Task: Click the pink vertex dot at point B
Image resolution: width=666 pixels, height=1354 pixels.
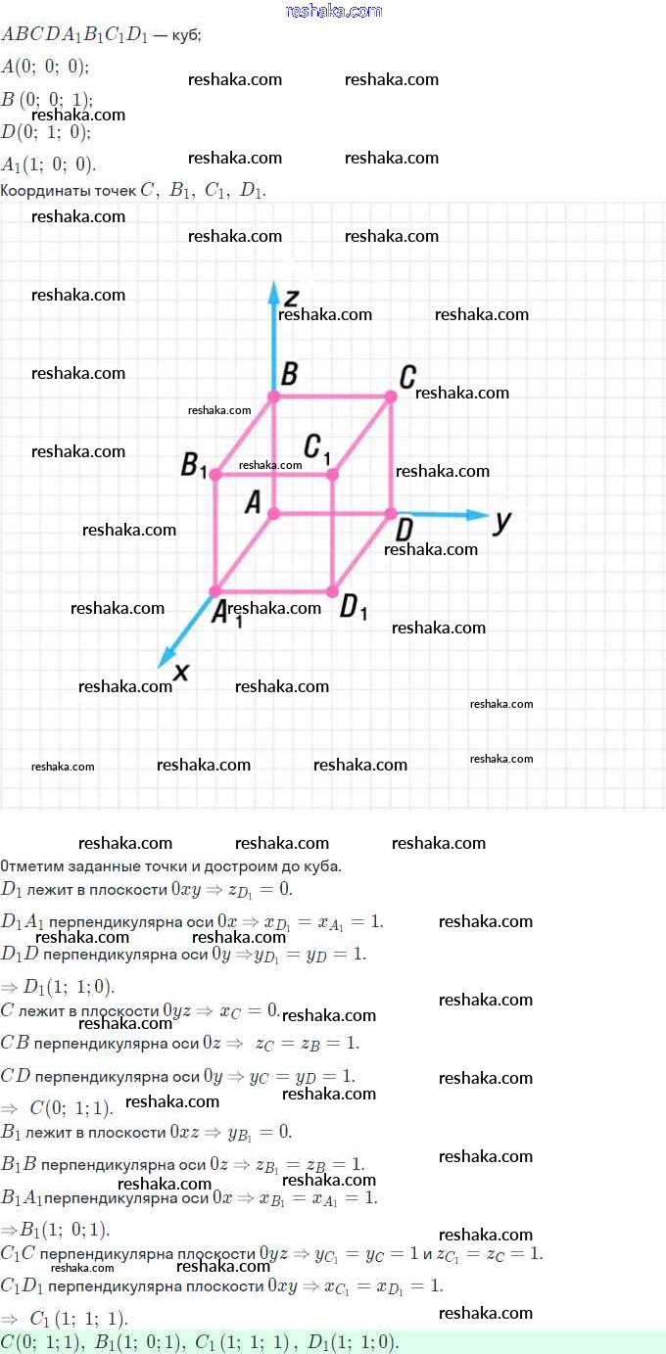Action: (x=274, y=397)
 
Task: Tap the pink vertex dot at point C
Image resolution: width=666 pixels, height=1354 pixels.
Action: (x=391, y=397)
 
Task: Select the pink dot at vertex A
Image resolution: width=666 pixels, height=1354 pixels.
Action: (x=274, y=513)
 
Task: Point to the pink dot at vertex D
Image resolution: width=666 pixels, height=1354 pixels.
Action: (x=391, y=513)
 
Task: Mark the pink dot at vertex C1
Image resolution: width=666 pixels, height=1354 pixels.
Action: (x=333, y=475)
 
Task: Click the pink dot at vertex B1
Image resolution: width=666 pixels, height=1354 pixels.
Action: (x=215, y=475)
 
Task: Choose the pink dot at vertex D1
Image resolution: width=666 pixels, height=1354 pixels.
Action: (x=333, y=591)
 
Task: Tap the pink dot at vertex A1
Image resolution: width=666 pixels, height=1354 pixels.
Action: (x=215, y=591)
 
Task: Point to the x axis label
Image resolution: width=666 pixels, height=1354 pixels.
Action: (x=180, y=672)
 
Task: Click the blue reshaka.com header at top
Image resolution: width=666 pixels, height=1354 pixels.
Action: (x=333, y=11)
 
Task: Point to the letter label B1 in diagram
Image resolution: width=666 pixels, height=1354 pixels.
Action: (x=194, y=466)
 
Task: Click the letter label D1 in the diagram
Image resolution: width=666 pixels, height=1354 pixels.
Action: (x=354, y=607)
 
